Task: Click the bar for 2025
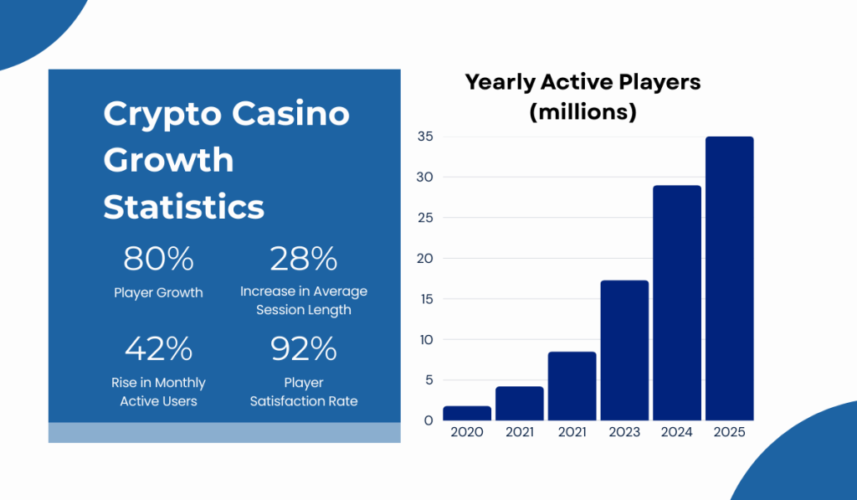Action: click(729, 278)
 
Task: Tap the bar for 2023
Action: click(624, 350)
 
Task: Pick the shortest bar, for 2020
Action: click(467, 413)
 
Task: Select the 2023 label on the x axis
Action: click(624, 432)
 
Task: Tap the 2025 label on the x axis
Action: click(729, 432)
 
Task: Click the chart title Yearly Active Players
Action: click(582, 82)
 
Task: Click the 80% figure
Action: click(158, 260)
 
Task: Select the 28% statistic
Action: click(303, 260)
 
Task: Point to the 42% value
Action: click(158, 348)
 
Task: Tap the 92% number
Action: click(303, 348)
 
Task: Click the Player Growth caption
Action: click(158, 292)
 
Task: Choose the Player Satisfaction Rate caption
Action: click(303, 392)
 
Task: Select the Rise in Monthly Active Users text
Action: click(158, 392)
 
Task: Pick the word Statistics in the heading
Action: click(183, 206)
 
